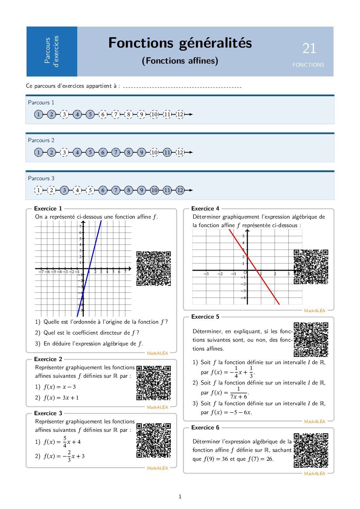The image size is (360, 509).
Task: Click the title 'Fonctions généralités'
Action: (x=180, y=43)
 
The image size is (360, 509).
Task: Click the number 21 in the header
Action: (x=309, y=48)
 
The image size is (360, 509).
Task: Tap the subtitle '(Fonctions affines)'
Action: (x=180, y=61)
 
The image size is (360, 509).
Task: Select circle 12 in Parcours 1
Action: (x=180, y=114)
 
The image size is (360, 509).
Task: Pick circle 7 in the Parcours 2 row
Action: (x=116, y=152)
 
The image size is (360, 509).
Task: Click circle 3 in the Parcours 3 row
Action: (x=64, y=190)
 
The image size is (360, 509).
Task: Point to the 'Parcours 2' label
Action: (x=41, y=140)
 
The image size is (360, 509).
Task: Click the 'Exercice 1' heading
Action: (x=48, y=209)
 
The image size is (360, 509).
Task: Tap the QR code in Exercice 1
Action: (x=153, y=269)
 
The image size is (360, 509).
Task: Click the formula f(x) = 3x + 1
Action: (x=61, y=398)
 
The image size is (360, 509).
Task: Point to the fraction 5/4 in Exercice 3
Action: (x=65, y=442)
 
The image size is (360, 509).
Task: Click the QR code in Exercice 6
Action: (x=311, y=450)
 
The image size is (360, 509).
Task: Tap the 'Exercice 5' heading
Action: (x=205, y=317)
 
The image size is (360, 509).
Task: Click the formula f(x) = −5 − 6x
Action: (x=231, y=412)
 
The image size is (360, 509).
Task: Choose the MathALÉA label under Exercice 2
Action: (x=157, y=407)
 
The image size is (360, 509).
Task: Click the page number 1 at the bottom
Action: (x=180, y=497)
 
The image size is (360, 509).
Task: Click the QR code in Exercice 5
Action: (x=311, y=340)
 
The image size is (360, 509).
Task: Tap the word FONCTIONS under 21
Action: (x=308, y=65)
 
